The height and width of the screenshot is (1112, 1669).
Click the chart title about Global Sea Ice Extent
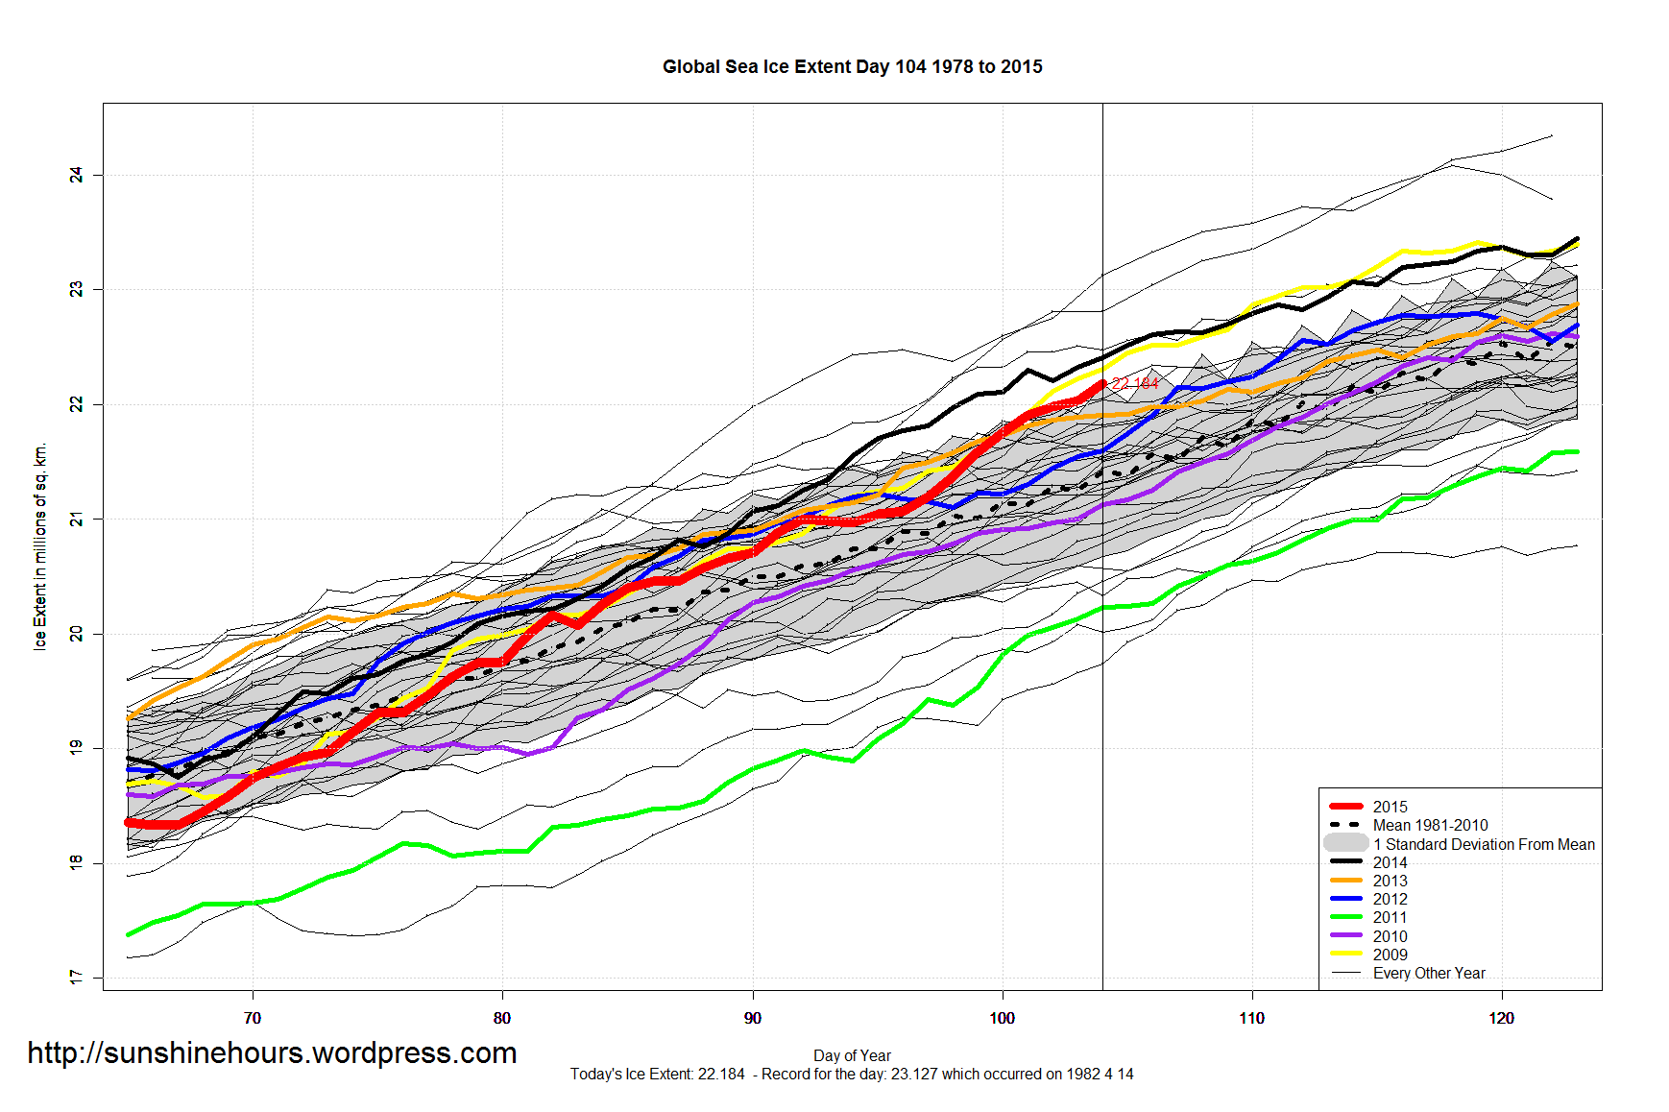coord(852,66)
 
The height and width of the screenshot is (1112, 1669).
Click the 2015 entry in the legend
coord(1389,807)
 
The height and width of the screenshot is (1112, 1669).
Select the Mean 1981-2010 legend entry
coord(1429,825)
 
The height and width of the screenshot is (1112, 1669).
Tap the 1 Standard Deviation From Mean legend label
coord(1483,844)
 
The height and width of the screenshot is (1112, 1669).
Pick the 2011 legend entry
coord(1389,917)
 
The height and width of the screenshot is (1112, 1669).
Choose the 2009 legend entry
coord(1389,955)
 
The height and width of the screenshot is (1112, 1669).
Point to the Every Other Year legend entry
coord(1428,973)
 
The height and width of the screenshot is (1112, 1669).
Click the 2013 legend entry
coord(1389,881)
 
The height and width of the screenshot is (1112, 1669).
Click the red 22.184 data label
coord(1135,383)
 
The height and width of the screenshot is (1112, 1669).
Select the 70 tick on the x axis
coord(253,1018)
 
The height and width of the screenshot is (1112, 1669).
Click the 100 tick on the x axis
coord(1002,1018)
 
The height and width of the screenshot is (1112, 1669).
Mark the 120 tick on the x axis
coord(1501,1018)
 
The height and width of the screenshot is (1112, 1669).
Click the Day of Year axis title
coord(852,1055)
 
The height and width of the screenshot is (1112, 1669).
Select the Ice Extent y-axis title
coord(40,546)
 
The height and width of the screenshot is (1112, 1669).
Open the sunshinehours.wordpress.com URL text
coord(272,1052)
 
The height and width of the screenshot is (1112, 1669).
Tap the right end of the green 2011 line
coord(1576,451)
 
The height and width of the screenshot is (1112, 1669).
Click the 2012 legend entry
coord(1389,899)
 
